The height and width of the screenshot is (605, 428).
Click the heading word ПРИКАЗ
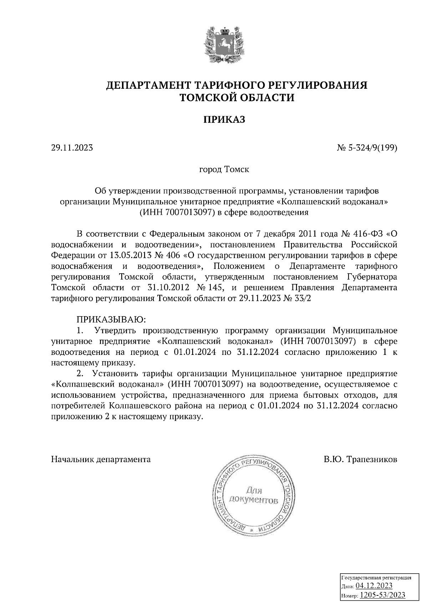(224, 120)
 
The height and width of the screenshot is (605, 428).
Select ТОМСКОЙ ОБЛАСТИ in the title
(237, 97)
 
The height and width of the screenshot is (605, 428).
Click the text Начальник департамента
(101, 459)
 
